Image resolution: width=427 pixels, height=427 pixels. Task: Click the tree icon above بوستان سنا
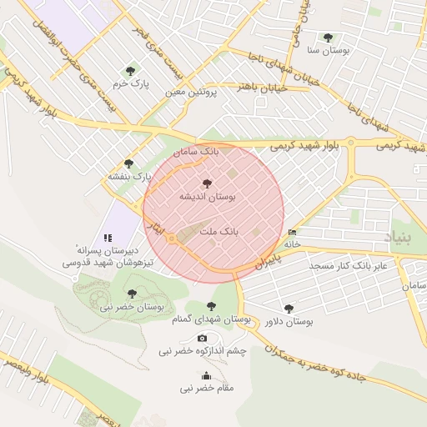coord(328,38)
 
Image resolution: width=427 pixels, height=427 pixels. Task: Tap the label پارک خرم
coord(129,84)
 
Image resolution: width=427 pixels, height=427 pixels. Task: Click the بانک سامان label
coord(197,153)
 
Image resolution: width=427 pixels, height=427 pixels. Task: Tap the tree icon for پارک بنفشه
coord(128,163)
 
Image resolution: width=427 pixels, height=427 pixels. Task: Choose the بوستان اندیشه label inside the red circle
coord(208,196)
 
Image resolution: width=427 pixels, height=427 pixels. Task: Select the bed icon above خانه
coord(292,233)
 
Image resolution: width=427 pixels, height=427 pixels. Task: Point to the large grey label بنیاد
coord(397,238)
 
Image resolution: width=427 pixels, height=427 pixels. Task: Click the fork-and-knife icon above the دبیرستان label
coord(107,238)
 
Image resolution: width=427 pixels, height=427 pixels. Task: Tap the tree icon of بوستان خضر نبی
coord(132,294)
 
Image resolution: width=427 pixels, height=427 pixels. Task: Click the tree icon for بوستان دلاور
coord(289,308)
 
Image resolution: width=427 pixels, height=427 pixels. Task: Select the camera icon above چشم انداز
coord(202,338)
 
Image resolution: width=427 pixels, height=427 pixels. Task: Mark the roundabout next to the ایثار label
coord(171,239)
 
